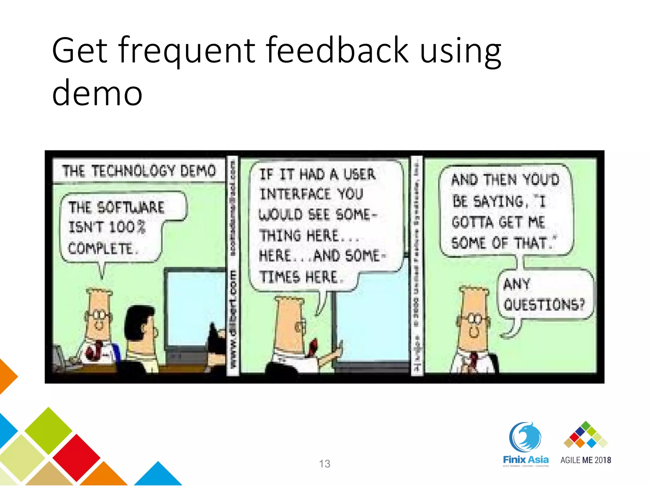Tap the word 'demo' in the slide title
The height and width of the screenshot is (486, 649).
tap(97, 93)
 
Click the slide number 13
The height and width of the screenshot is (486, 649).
tap(324, 464)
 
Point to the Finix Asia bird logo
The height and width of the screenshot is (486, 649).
tap(525, 437)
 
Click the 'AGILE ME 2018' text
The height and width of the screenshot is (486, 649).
tap(586, 460)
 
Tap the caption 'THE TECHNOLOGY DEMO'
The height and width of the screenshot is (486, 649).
tap(139, 171)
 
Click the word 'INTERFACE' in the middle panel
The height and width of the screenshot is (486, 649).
tap(295, 194)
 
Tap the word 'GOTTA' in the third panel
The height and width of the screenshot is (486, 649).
tap(472, 222)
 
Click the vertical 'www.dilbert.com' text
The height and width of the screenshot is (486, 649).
tap(234, 320)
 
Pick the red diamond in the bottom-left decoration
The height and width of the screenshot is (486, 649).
tap(76, 457)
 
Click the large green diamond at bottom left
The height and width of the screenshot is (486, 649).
tap(48, 430)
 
